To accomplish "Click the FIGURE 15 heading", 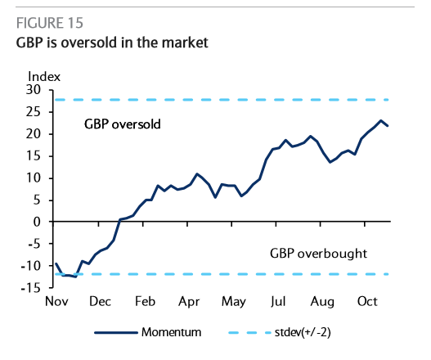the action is click(49, 23).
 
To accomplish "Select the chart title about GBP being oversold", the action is click(112, 43).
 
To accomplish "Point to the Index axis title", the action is click(44, 77).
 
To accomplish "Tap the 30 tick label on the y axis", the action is click(34, 90).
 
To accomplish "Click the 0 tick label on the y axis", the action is click(37, 222).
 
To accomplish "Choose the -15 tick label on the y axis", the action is click(30, 288).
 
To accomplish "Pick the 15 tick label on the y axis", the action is click(34, 156).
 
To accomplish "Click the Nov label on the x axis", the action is click(56, 302).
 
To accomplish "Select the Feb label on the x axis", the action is click(145, 302).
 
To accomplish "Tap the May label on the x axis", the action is click(234, 302).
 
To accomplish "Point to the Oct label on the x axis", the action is click(367, 302).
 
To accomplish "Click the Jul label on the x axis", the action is click(278, 302).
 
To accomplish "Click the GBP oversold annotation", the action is click(123, 124).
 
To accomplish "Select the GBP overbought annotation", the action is click(318, 254).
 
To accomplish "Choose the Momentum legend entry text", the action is click(171, 332).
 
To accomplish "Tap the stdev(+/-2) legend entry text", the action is click(303, 332).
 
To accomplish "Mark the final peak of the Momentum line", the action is click(381, 120).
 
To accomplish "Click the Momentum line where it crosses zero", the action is click(119, 221).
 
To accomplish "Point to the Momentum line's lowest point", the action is click(75, 277).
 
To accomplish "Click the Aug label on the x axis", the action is click(322, 302).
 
